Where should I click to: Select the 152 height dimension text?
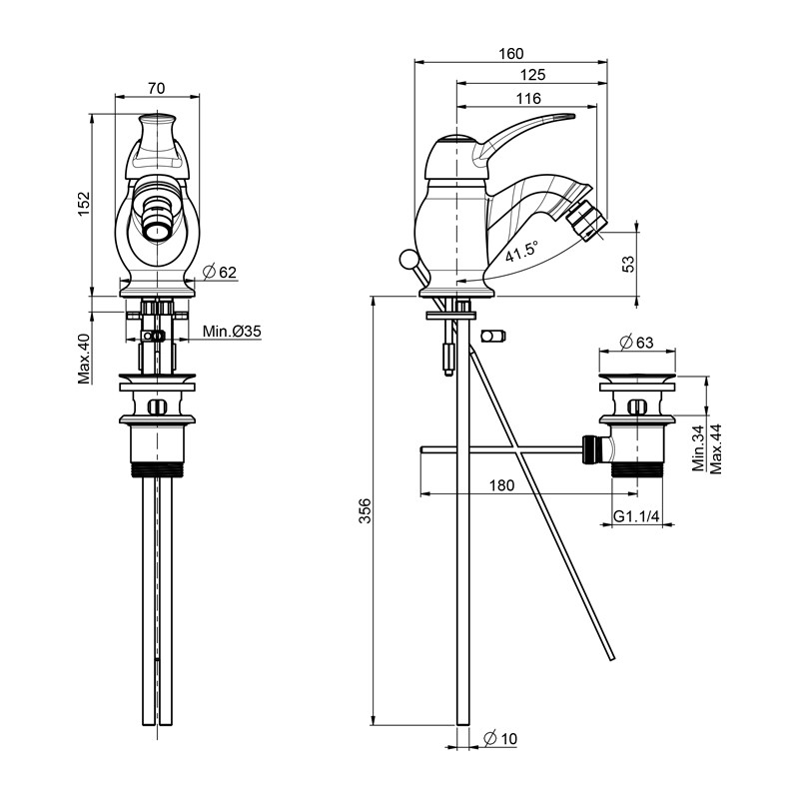[x=85, y=203]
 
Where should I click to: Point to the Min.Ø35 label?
[x=232, y=332]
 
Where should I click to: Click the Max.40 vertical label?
[x=85, y=359]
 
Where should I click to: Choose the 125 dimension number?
[x=531, y=75]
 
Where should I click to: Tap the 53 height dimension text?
[x=628, y=263]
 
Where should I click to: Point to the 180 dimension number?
[x=501, y=485]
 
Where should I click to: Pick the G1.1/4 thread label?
[x=634, y=516]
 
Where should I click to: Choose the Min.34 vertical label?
[x=698, y=448]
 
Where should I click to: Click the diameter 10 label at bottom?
[x=499, y=739]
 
